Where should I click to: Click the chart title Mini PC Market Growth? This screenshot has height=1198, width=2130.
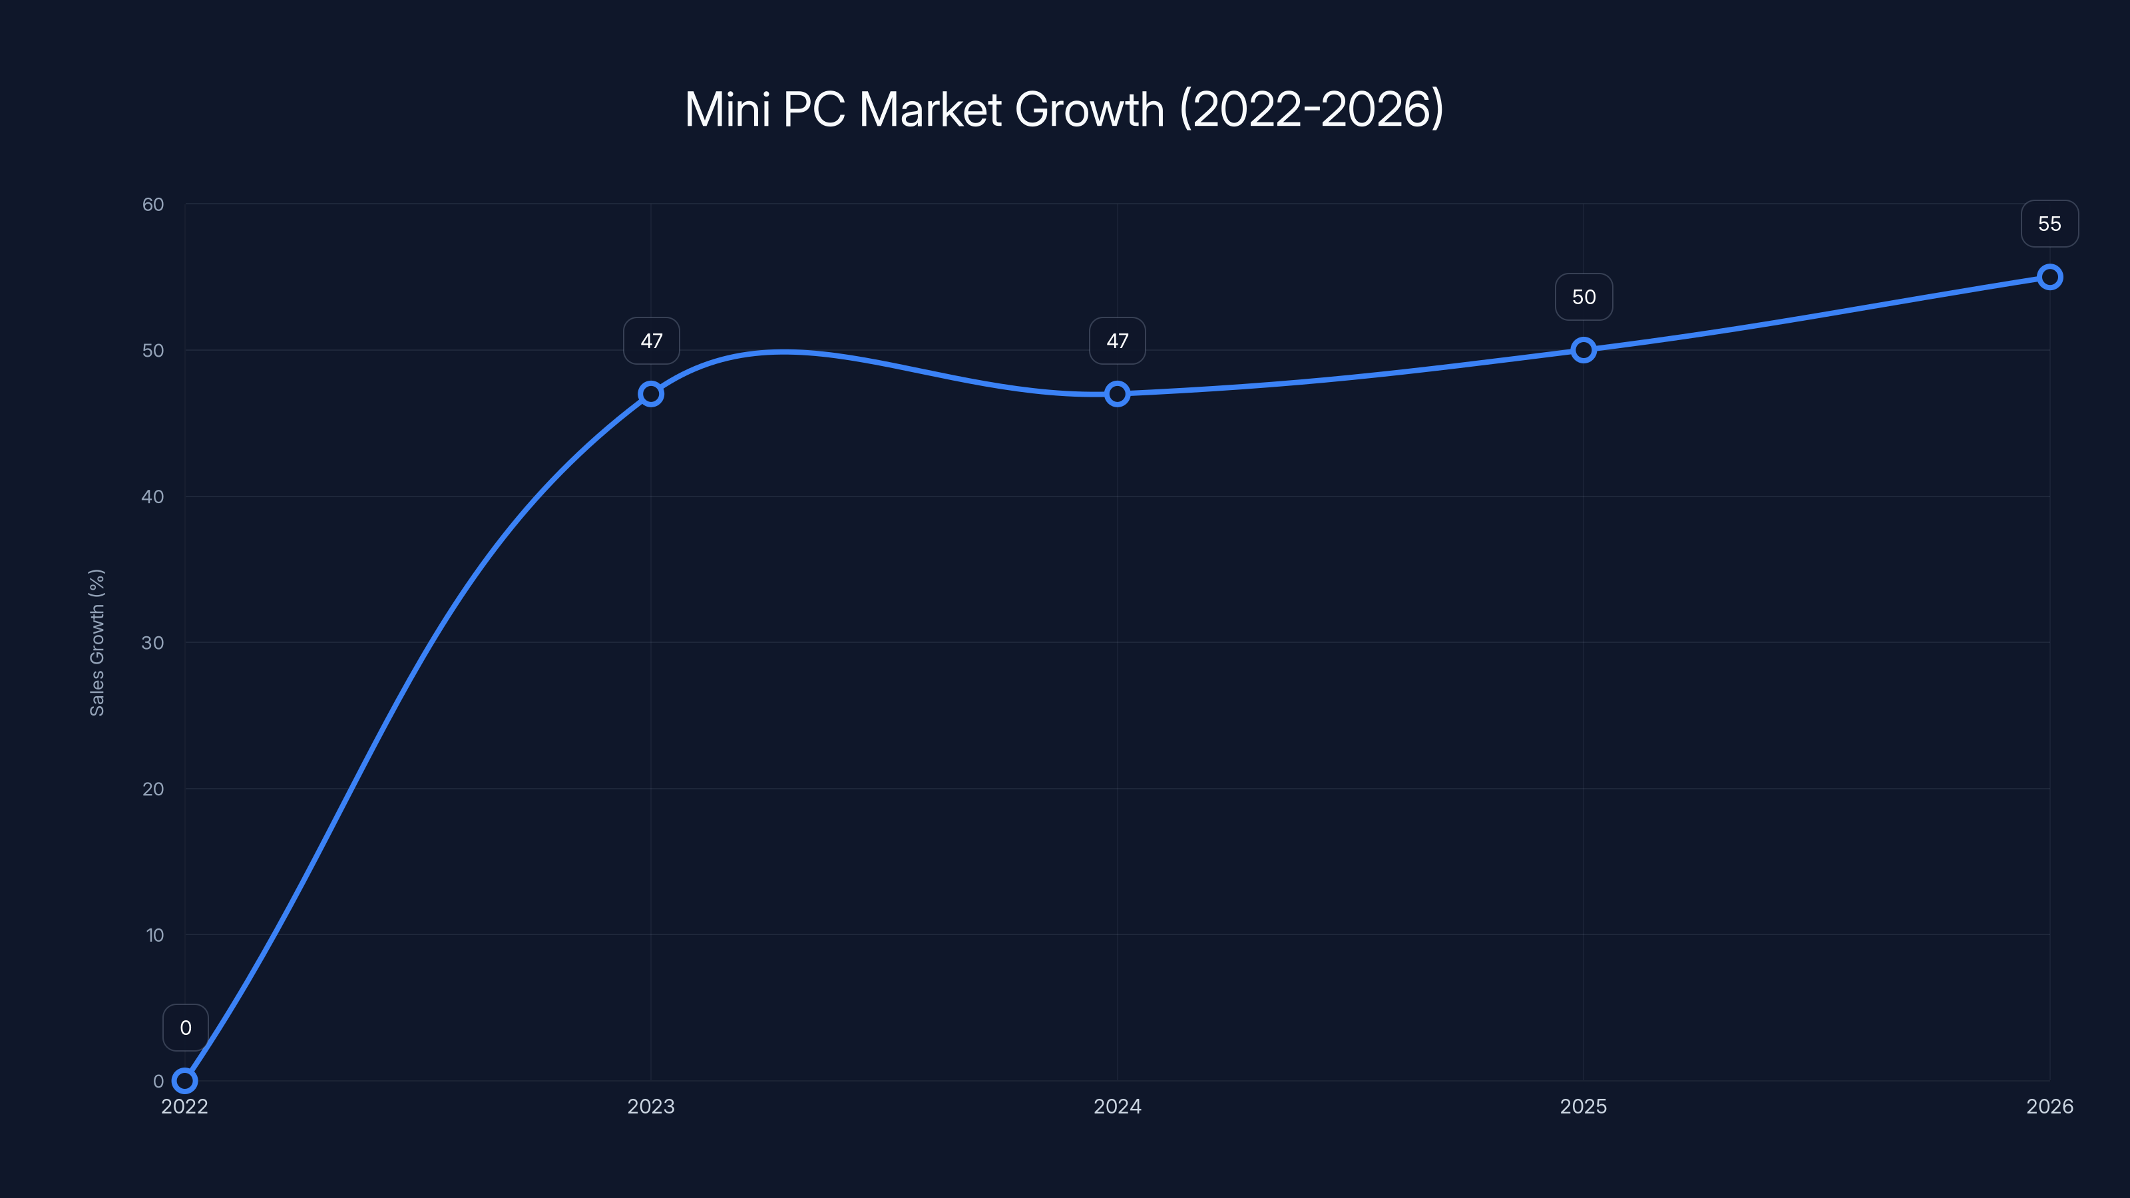tap(1064, 109)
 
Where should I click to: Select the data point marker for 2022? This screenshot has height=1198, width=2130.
tap(184, 1081)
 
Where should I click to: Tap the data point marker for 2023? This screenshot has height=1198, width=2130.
tap(651, 393)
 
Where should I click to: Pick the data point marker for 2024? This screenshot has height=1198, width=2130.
tap(1117, 393)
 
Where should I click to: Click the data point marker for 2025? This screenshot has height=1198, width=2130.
tap(1584, 349)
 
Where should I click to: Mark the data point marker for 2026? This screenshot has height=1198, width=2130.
tap(2050, 277)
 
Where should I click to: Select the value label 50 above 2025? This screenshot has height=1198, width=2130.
tap(1584, 297)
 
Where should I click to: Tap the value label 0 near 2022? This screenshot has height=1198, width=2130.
tap(185, 1028)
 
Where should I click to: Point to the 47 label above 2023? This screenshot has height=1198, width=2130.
tap(652, 341)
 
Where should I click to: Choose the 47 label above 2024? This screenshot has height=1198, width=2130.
tap(1117, 341)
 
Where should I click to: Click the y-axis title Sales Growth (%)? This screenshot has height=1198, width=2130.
tap(97, 642)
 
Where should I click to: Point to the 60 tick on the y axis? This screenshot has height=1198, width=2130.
tap(153, 204)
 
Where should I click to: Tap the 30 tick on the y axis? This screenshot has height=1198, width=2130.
tap(153, 642)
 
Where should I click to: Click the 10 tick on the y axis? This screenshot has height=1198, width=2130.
tap(154, 935)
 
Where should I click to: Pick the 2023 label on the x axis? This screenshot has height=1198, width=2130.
tap(651, 1106)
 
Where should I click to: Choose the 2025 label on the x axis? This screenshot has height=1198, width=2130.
tap(1584, 1106)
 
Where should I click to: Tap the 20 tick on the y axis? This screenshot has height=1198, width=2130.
tap(153, 789)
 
